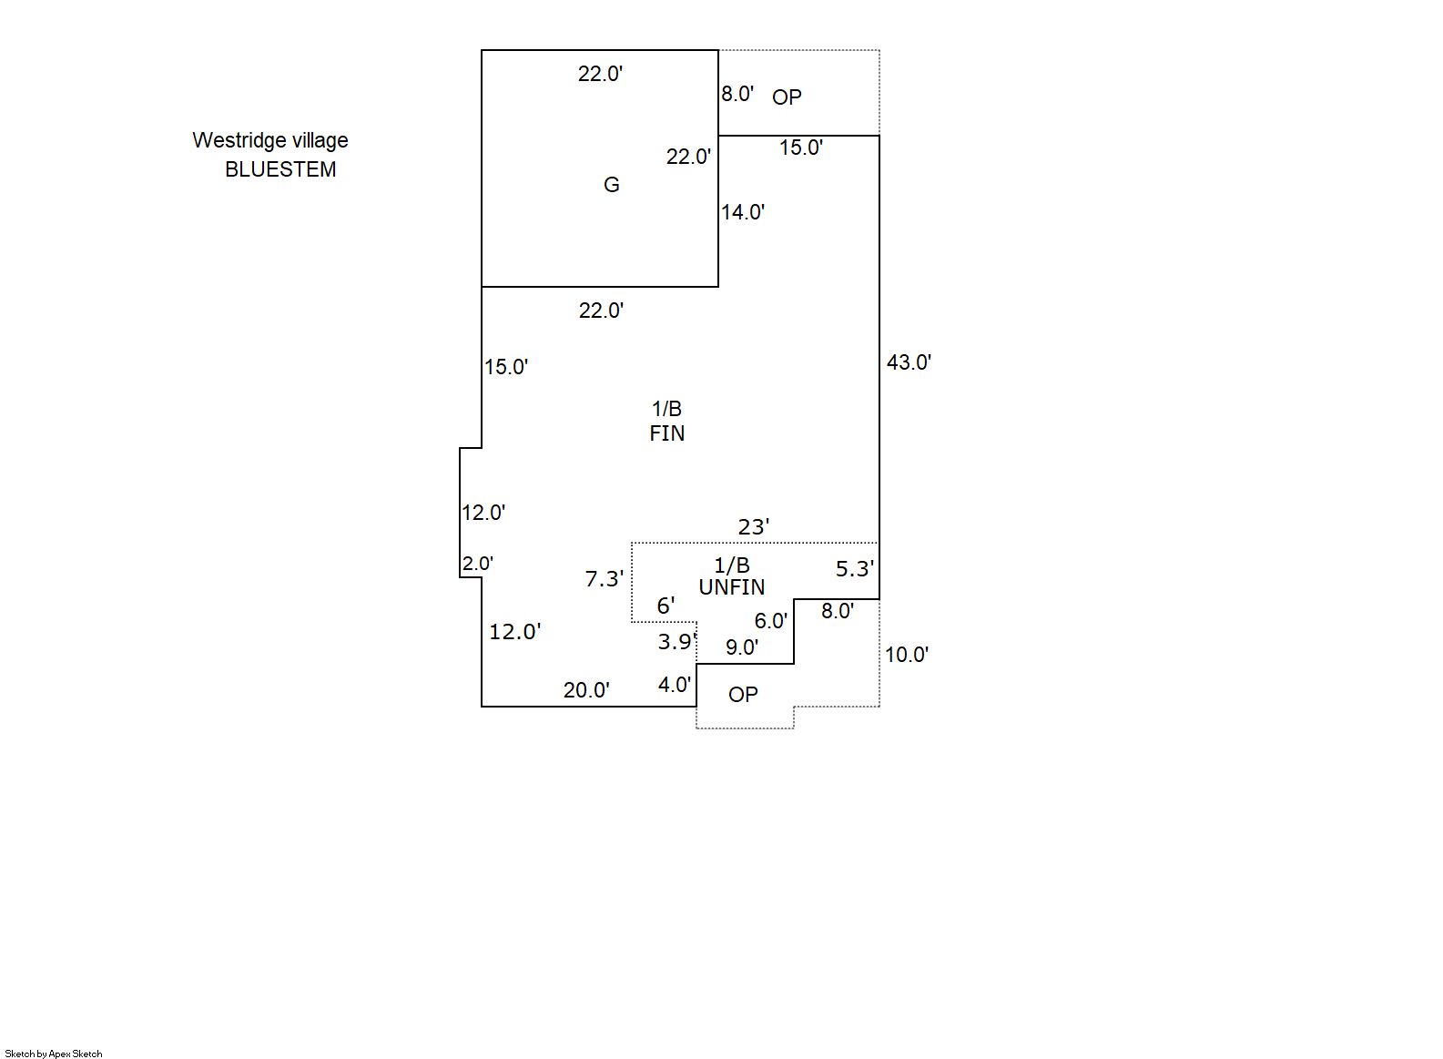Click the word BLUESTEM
click(x=280, y=169)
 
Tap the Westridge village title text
click(x=269, y=140)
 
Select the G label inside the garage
click(x=612, y=185)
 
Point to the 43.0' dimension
click(x=909, y=362)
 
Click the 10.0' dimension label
click(x=906, y=655)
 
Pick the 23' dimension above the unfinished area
click(x=753, y=527)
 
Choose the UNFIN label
click(x=731, y=587)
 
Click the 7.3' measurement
click(x=604, y=579)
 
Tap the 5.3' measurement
click(x=854, y=569)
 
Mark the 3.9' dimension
click(x=676, y=642)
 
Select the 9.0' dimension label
click(x=741, y=647)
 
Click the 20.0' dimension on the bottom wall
click(x=586, y=690)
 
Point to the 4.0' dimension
click(x=674, y=685)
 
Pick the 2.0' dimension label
click(x=477, y=564)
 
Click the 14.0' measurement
click(x=743, y=212)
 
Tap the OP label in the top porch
click(x=787, y=97)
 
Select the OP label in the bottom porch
click(x=743, y=695)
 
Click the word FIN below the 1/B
click(x=666, y=433)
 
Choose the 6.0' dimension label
click(x=770, y=621)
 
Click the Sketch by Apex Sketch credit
click(x=54, y=1054)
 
